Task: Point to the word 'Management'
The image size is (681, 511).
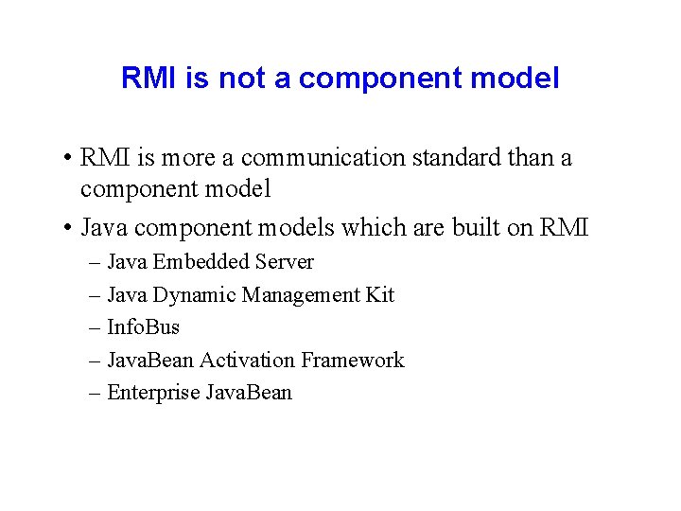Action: tap(300, 295)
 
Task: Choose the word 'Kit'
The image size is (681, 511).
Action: tap(379, 295)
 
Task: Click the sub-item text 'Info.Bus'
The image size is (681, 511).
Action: tap(143, 327)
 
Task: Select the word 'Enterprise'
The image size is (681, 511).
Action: tap(152, 393)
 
